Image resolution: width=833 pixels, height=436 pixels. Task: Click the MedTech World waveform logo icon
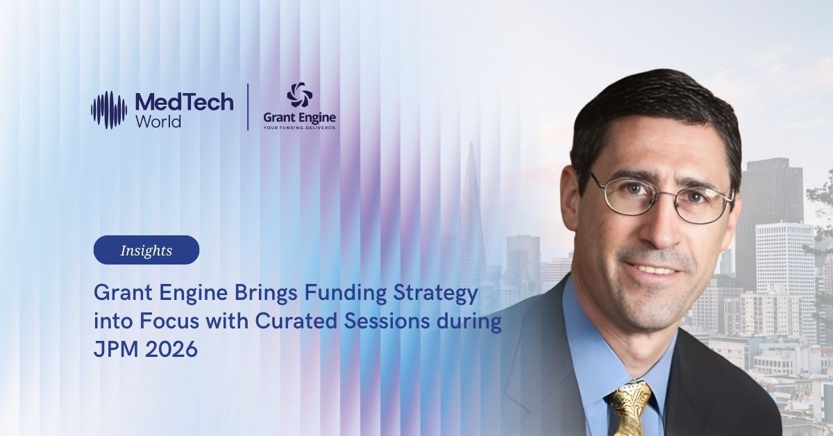[x=109, y=110]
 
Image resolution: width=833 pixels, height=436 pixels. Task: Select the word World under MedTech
[x=158, y=121]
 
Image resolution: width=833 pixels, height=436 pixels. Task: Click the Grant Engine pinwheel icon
[x=299, y=95]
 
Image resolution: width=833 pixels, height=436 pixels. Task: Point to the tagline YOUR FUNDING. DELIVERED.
[x=299, y=128]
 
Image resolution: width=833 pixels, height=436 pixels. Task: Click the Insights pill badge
[x=146, y=250]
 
